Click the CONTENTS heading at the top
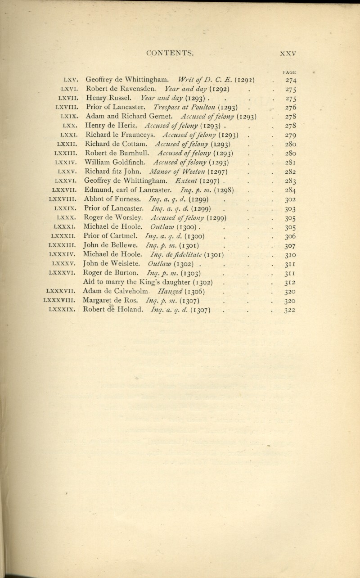click(x=171, y=53)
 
